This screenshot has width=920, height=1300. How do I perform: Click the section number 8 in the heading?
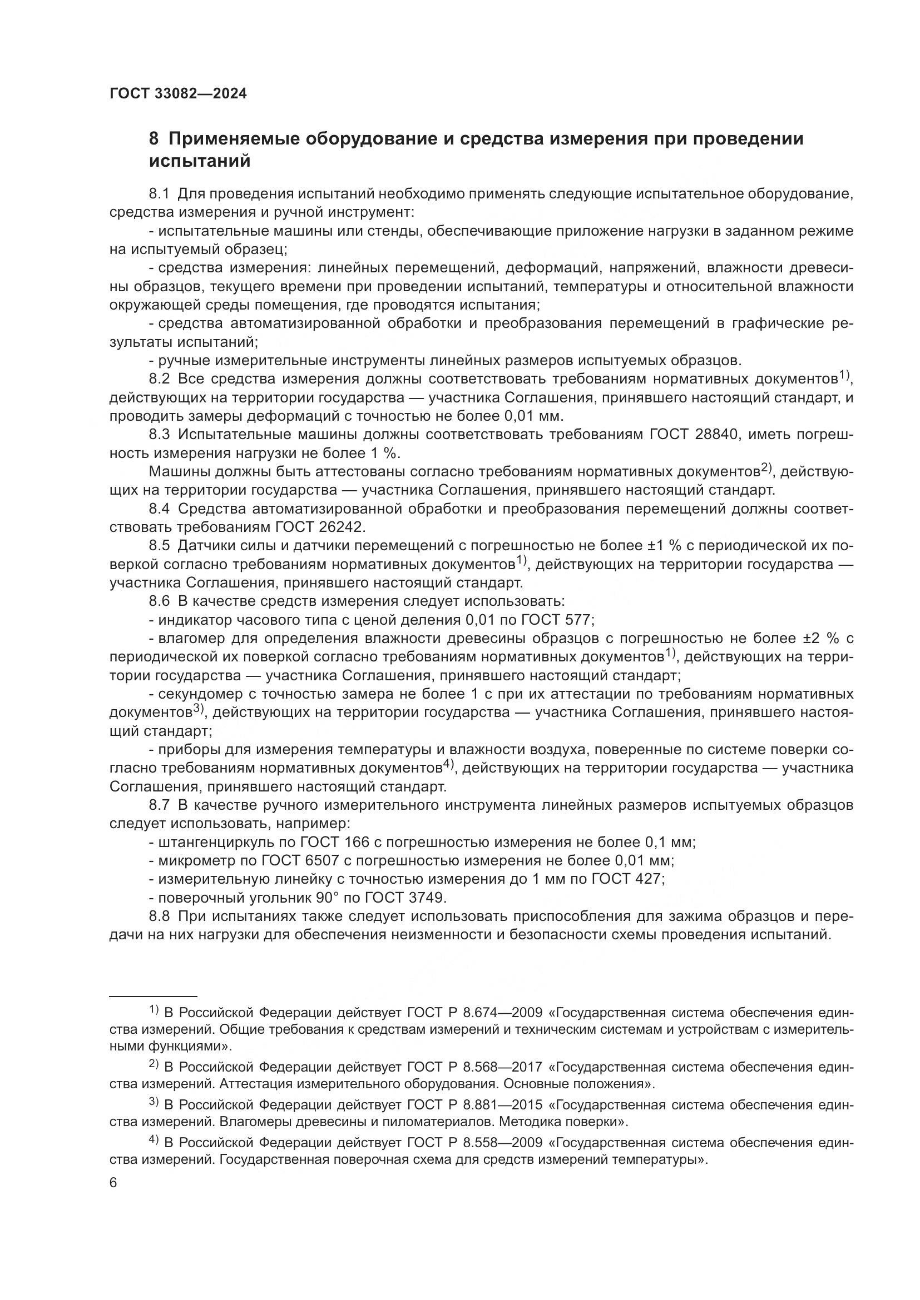(154, 139)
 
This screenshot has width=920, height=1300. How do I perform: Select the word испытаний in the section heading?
(200, 161)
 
